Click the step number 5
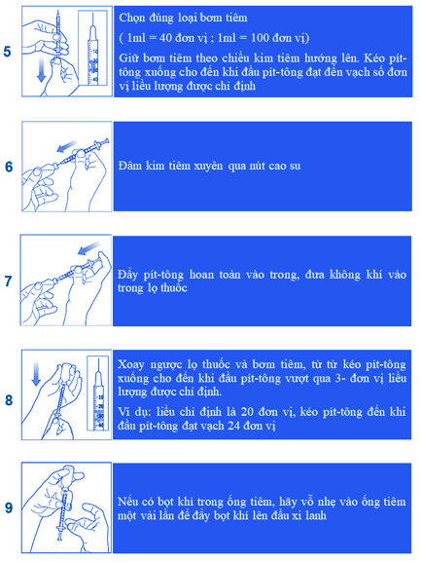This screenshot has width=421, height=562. [x=8, y=52]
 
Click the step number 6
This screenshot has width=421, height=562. [x=9, y=167]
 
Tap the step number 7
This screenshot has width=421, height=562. [x=8, y=281]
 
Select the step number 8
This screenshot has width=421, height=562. [x=9, y=400]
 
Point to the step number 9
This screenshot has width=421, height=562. [x=9, y=507]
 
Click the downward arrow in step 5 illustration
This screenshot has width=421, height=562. [x=42, y=69]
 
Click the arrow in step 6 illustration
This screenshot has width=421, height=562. [x=68, y=145]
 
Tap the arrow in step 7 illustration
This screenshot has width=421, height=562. [x=89, y=248]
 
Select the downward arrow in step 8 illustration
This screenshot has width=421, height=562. [x=36, y=374]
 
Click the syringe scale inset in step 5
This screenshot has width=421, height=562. [x=93, y=48]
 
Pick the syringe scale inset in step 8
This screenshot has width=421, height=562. [x=98, y=393]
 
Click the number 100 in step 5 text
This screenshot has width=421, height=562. [x=260, y=38]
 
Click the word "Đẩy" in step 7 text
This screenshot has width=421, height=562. [x=127, y=276]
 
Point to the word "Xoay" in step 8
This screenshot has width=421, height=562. [x=131, y=365]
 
